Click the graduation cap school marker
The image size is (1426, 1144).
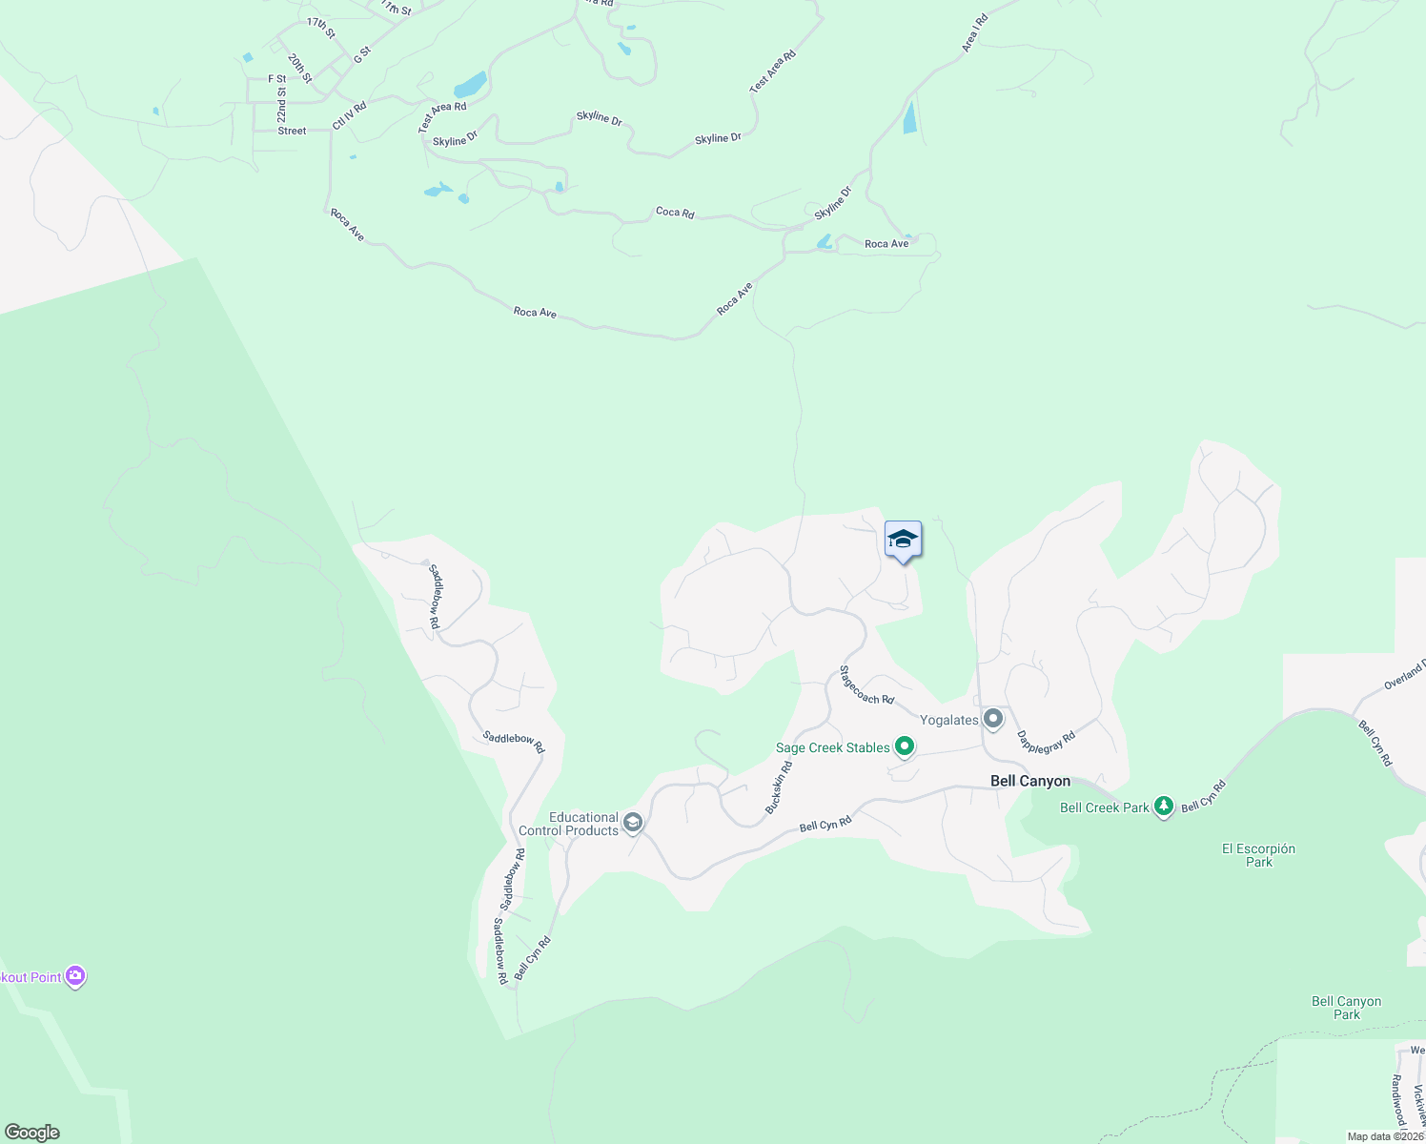point(903,541)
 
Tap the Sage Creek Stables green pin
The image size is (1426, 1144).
point(904,746)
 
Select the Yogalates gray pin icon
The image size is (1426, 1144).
point(993,719)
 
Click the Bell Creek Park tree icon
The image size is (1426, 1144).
point(1163,807)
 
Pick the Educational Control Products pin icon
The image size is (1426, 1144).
point(632,823)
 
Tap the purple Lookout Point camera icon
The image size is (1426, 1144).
point(75,976)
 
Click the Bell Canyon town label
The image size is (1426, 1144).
point(1029,781)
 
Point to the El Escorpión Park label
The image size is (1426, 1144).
point(1258,855)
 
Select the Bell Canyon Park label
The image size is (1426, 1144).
point(1346,1008)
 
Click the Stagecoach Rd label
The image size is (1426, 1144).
point(866,685)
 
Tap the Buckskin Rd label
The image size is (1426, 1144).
point(779,787)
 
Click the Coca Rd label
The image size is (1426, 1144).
point(675,212)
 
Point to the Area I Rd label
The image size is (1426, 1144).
point(974,33)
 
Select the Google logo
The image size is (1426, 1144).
point(32,1133)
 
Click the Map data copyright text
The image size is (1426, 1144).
point(1385,1136)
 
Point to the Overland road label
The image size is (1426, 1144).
point(1404,674)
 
